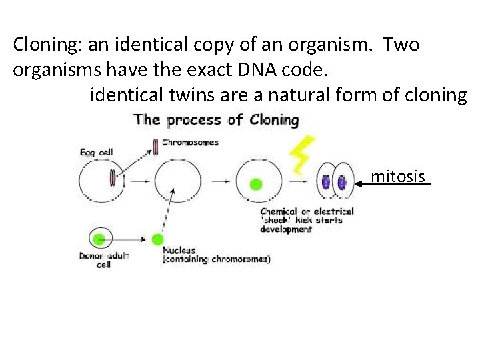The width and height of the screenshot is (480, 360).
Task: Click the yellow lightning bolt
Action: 302,155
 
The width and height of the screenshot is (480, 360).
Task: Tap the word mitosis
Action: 397,177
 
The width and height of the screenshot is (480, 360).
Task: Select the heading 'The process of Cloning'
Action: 216,120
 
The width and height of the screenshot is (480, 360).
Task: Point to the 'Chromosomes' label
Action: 191,142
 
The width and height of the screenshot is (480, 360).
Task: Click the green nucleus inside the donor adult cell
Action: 101,238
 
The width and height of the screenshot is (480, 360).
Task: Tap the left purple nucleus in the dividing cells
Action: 326,182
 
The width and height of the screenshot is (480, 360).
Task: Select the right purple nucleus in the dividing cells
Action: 341,182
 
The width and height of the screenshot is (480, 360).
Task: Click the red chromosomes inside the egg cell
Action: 113,177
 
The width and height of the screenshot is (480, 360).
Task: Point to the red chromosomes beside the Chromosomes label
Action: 155,146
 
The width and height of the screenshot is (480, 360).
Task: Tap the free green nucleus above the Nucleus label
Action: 158,239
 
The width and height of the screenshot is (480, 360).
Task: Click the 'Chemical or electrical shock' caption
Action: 307,220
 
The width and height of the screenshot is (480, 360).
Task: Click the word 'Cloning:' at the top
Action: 45,45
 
